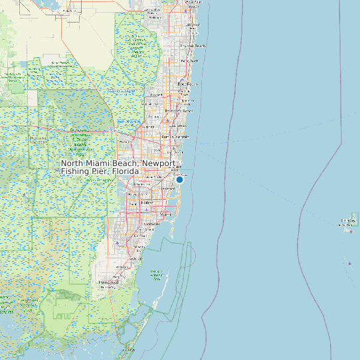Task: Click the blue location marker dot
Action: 179,179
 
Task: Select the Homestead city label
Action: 110,282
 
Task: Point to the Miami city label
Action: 167,215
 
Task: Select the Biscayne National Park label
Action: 157,274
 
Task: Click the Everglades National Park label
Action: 27,302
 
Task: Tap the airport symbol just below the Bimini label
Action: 351,231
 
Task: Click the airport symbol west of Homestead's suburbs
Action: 117,243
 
